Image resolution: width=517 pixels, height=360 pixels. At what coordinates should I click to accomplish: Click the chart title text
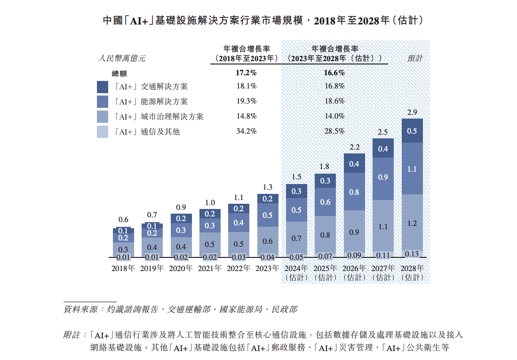pyautogui.click(x=259, y=21)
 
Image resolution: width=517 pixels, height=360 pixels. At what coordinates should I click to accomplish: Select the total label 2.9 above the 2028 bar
pyautogui.click(x=412, y=112)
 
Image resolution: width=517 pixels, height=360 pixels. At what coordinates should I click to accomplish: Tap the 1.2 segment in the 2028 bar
pyautogui.click(x=412, y=223)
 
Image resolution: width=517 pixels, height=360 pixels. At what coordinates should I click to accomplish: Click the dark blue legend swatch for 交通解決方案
pyautogui.click(x=103, y=87)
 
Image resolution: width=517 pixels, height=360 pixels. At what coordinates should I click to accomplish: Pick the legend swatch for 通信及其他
pyautogui.click(x=103, y=132)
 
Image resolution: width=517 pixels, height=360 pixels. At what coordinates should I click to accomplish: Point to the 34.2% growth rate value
pyautogui.click(x=246, y=131)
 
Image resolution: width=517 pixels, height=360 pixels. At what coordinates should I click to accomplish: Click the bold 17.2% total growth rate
pyautogui.click(x=246, y=73)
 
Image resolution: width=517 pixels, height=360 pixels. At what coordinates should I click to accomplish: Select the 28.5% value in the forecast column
pyautogui.click(x=334, y=131)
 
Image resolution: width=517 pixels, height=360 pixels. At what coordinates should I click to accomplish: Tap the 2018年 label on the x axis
pyautogui.click(x=123, y=268)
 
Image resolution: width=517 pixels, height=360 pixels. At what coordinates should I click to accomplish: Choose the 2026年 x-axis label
pyautogui.click(x=354, y=268)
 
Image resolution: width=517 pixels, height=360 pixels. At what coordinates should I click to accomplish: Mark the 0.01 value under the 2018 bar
pyautogui.click(x=123, y=257)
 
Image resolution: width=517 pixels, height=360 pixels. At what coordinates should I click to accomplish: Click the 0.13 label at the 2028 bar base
pyautogui.click(x=412, y=254)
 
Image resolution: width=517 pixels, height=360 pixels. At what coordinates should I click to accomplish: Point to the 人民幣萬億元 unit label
pyautogui.click(x=121, y=58)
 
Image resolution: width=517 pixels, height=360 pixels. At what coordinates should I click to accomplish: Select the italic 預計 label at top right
pyautogui.click(x=415, y=58)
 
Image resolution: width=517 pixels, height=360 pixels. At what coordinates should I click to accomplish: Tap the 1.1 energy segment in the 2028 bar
pyautogui.click(x=412, y=169)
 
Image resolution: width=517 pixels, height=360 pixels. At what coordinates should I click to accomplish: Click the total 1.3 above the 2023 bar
pyautogui.click(x=267, y=187)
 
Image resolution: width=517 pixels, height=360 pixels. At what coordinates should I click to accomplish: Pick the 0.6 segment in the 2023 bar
pyautogui.click(x=267, y=241)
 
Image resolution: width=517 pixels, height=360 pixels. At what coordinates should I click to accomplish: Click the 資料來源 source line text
pyautogui.click(x=180, y=309)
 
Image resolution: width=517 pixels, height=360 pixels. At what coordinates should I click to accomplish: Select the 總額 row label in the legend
pyautogui.click(x=119, y=73)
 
